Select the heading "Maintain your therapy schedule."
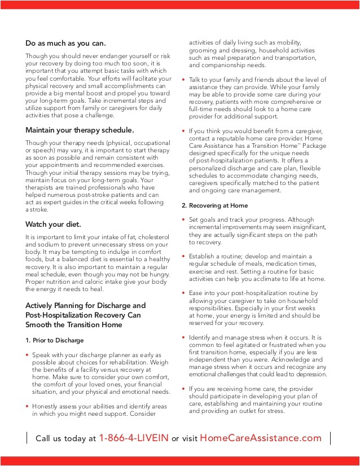pyautogui.click(x=80, y=130)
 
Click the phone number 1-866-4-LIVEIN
pyautogui.click(x=134, y=438)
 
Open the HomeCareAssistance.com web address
pyautogui.click(x=261, y=438)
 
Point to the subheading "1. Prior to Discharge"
pyautogui.click(x=55, y=340)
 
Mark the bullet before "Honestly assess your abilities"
pyautogui.click(x=28, y=406)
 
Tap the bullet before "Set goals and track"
pyautogui.click(x=184, y=220)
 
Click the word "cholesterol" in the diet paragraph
pyautogui.click(x=151, y=238)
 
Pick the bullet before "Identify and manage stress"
pyautogui.click(x=184, y=337)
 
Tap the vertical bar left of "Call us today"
pyautogui.click(x=27, y=438)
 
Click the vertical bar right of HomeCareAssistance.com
pyautogui.click(x=330, y=438)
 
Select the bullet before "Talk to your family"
pyautogui.click(x=184, y=81)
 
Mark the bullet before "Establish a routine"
pyautogui.click(x=184, y=257)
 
